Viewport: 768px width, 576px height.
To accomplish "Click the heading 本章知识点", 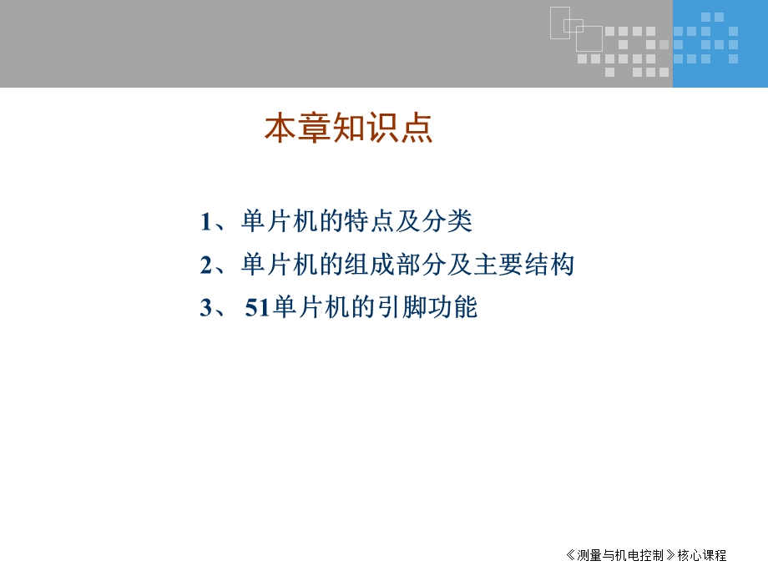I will coord(349,129).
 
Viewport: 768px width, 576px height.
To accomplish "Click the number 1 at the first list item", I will coord(206,222).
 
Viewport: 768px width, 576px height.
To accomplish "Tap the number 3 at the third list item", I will coord(206,308).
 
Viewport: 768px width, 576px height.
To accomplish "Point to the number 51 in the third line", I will coord(258,308).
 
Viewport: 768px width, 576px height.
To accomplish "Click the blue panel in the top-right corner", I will coord(720,43).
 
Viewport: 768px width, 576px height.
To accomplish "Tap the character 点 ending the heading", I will coord(417,129).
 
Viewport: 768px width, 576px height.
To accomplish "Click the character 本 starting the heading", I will coord(281,129).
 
